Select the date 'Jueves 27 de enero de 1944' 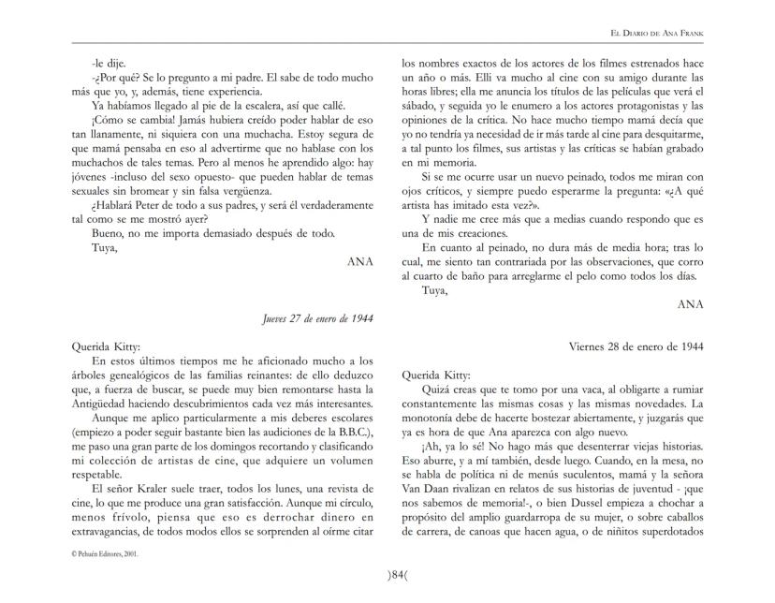pyautogui.click(x=318, y=318)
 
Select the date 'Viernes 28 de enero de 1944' pyautogui.click(x=636, y=346)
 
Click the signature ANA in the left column pyautogui.click(x=359, y=262)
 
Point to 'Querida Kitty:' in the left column pyautogui.click(x=104, y=346)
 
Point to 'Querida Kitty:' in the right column pyautogui.click(x=435, y=373)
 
